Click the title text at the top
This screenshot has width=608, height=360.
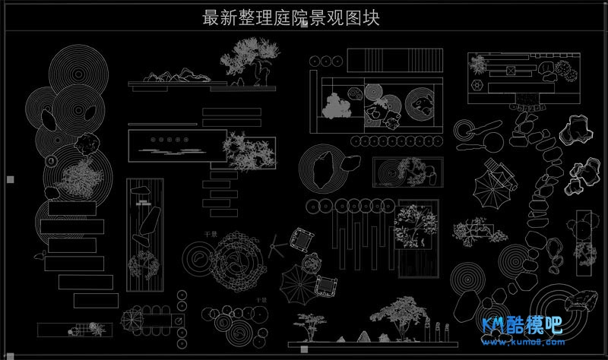(291, 18)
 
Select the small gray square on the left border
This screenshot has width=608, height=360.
(10, 180)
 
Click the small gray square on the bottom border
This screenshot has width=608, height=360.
(304, 349)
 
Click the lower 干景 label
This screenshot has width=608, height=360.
(261, 301)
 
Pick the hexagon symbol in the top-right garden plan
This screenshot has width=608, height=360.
(477, 86)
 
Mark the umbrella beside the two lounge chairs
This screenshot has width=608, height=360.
(298, 287)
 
